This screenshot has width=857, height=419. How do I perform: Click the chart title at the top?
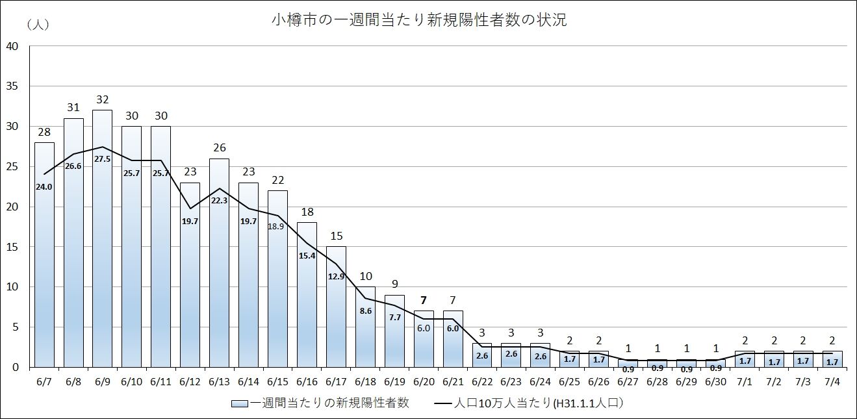(419, 19)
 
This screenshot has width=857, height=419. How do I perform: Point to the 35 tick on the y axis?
(12, 86)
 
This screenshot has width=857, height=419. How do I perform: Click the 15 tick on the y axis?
(12, 247)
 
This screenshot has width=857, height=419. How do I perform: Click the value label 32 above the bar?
(103, 100)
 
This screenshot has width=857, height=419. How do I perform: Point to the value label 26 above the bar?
(219, 148)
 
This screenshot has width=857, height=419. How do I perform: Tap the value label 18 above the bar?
(307, 212)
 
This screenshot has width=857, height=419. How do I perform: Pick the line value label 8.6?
(365, 311)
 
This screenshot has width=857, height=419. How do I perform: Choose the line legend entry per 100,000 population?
(530, 403)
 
